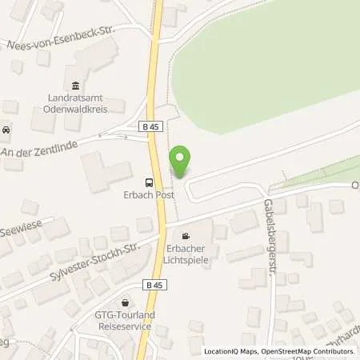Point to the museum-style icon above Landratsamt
tap(75, 86)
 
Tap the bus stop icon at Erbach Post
tap(148, 181)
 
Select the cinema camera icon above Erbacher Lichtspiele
tap(186, 236)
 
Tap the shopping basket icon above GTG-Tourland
tap(126, 303)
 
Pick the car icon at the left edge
tap(6, 130)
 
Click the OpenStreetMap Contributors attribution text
tap(308, 351)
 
